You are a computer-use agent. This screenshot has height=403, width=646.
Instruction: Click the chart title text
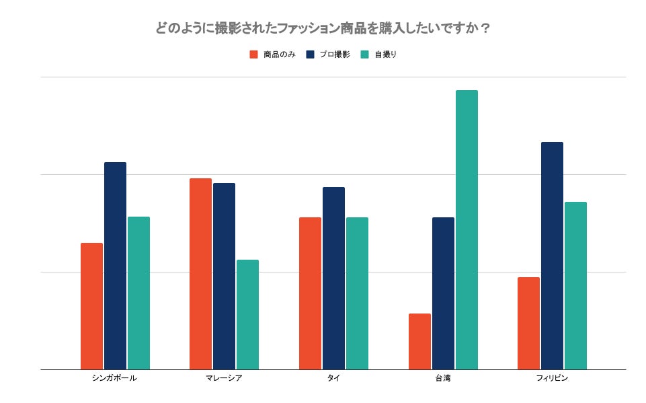tap(323, 28)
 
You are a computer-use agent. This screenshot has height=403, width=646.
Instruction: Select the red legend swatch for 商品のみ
tap(253, 54)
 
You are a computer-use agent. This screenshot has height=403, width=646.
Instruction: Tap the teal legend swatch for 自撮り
tap(364, 54)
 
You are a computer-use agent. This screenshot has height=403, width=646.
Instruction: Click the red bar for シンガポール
tap(91, 306)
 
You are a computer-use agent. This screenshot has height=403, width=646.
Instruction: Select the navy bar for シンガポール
tap(115, 266)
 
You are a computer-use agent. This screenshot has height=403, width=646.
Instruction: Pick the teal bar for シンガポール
tap(138, 293)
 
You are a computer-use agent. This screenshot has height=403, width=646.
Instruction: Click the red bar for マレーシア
tap(200, 274)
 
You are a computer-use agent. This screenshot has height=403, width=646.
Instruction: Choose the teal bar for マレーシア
tap(247, 314)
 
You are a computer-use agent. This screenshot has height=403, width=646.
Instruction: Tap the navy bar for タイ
tap(333, 278)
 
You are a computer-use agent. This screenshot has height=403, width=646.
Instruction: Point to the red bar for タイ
tap(310, 293)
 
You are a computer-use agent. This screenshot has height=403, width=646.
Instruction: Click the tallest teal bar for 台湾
tap(467, 229)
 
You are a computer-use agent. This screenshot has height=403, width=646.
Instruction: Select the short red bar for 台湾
tap(419, 341)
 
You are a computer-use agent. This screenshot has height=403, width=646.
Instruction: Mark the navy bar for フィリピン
tap(552, 256)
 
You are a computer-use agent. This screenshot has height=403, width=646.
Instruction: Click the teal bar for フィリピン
tap(575, 285)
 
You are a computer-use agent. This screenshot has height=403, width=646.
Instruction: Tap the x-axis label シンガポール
tap(114, 378)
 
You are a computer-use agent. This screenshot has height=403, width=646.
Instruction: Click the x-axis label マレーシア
tap(224, 378)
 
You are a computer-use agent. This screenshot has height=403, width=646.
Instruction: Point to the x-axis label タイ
tap(333, 378)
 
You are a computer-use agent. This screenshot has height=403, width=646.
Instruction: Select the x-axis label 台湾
tap(443, 378)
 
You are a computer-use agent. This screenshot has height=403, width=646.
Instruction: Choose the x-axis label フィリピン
tap(552, 378)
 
